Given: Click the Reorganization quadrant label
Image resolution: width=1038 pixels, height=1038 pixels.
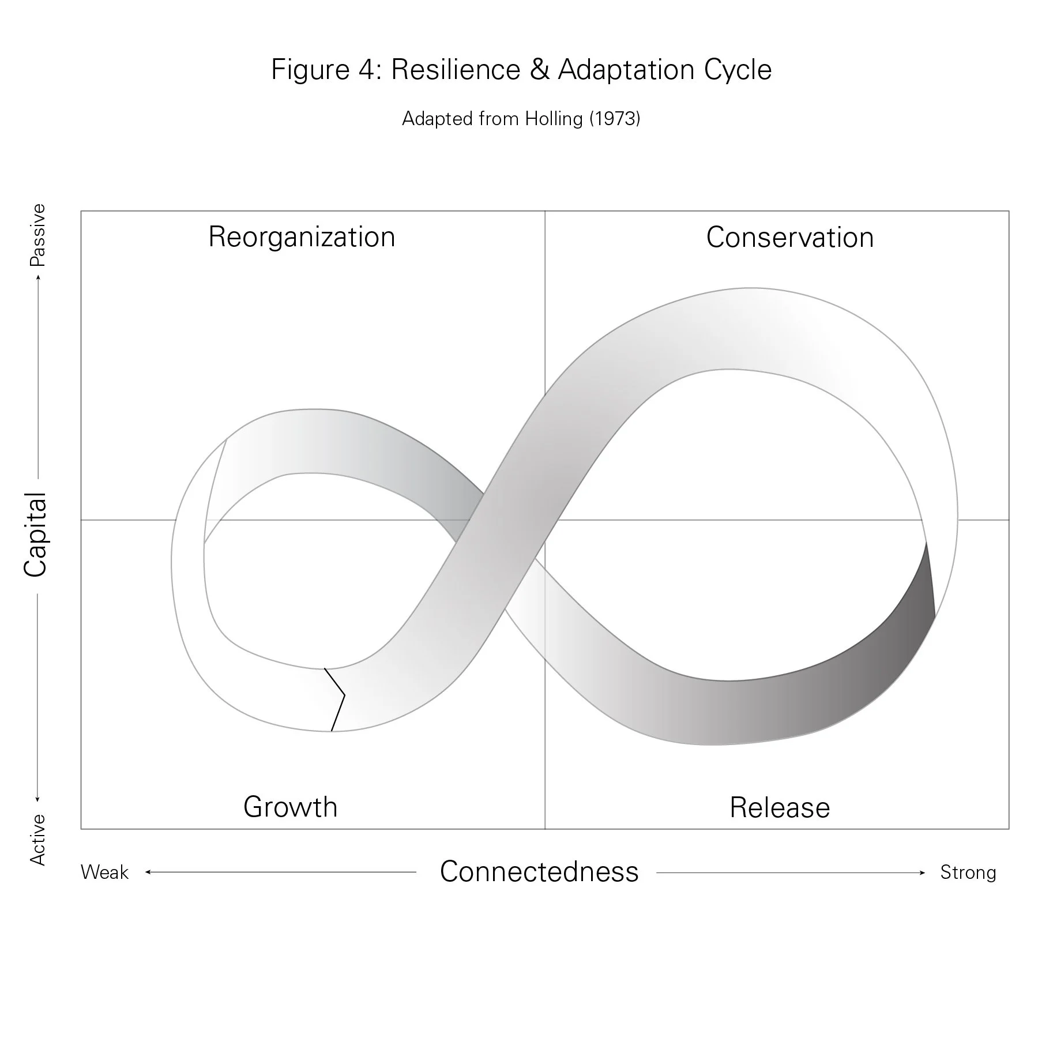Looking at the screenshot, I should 302,237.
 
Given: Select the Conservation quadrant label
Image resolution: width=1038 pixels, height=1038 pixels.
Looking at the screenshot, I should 789,238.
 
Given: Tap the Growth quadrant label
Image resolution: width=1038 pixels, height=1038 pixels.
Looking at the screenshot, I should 290,807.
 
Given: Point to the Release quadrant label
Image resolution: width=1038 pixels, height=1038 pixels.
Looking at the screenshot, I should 780,807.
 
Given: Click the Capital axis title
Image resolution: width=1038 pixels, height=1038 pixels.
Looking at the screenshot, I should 36,535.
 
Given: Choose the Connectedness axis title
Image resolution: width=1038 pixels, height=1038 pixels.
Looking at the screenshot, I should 539,871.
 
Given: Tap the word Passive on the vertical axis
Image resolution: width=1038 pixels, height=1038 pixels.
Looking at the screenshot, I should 37,235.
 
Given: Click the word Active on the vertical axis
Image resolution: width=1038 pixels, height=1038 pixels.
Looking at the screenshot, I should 37,840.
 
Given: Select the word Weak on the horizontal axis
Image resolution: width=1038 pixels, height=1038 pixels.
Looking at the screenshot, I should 104,872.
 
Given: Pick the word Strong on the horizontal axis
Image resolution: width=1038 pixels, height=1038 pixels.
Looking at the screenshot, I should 968,872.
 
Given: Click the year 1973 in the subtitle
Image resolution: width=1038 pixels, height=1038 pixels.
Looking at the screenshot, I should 615,119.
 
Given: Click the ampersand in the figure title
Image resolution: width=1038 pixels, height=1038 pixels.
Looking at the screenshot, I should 539,70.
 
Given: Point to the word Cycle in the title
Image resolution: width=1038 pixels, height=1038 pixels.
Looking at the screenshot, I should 738,70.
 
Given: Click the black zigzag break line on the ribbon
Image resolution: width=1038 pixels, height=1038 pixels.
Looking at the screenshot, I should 337,698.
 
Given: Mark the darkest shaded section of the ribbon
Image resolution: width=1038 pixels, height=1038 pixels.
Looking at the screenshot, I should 917,623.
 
